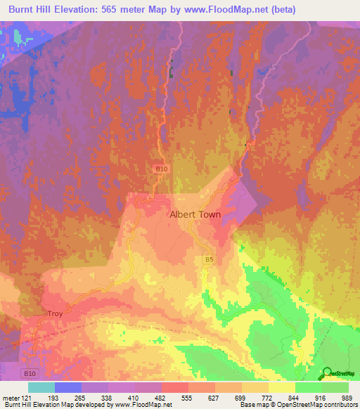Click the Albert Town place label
pyautogui.click(x=195, y=215)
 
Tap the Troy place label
pyautogui.click(x=55, y=314)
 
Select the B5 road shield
pyautogui.click(x=209, y=260)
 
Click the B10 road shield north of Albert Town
pyautogui.click(x=162, y=169)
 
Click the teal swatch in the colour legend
pyautogui.click(x=41, y=387)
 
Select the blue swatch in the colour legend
pyautogui.click(x=68, y=387)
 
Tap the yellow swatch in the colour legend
pyautogui.click(x=282, y=387)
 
